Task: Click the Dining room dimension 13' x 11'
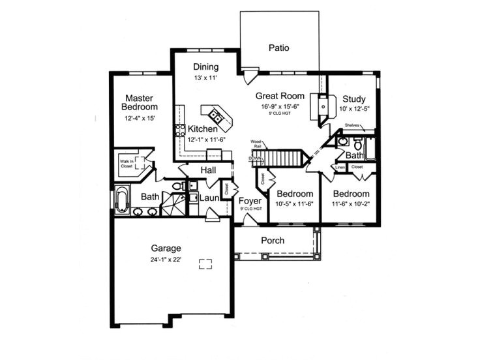coord(205,78)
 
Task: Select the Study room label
coord(353,99)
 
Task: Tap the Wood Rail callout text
coord(256,143)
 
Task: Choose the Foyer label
coord(250,201)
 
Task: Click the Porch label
coord(273,241)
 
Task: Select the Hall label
coord(209,170)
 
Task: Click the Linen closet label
coord(340,168)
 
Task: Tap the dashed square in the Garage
coord(205,263)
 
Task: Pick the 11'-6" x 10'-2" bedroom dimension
coord(351,205)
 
